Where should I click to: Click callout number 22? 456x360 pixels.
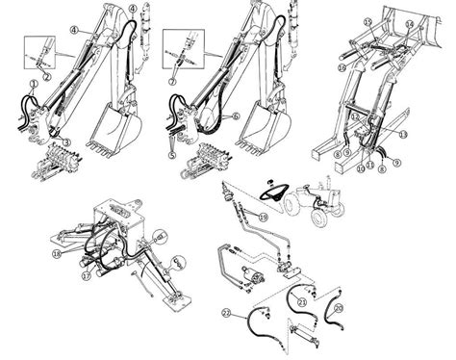tap(227, 314)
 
